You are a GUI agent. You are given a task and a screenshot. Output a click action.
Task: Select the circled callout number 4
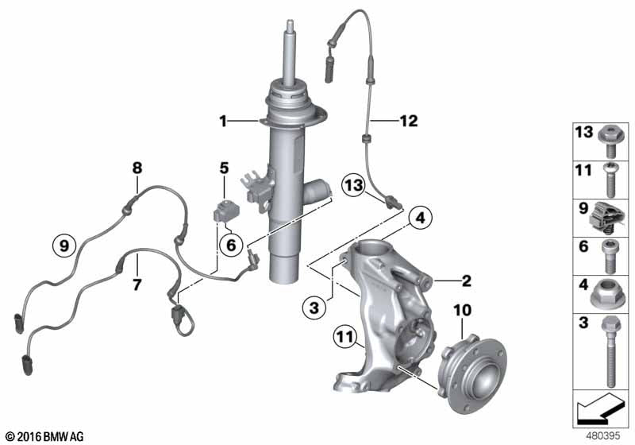tap(420, 216)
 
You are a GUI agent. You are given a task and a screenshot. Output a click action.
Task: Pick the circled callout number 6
tap(230, 246)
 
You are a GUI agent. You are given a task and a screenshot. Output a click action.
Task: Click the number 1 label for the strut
tap(224, 121)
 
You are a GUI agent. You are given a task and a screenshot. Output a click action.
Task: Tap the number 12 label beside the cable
tap(408, 121)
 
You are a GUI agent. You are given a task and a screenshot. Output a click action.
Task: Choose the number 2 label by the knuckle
tap(466, 280)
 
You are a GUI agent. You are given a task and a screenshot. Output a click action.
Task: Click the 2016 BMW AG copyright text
tap(40, 436)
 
